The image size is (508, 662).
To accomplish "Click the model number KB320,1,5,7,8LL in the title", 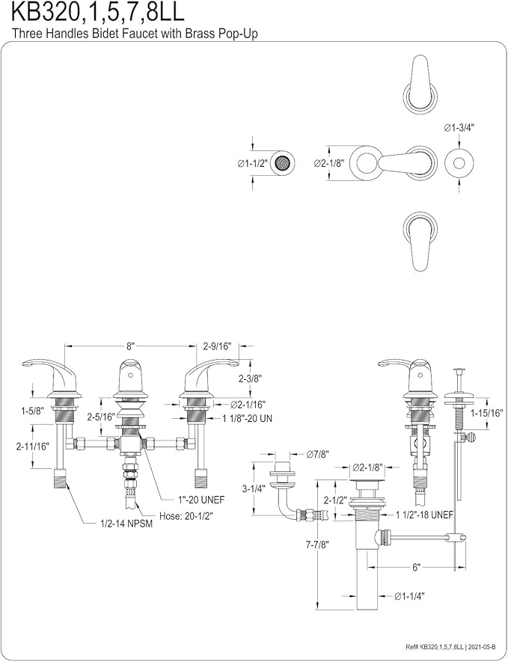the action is click(x=97, y=12).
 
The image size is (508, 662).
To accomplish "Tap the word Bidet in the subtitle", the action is click(x=100, y=34).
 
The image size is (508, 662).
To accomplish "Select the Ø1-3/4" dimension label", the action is click(x=459, y=129).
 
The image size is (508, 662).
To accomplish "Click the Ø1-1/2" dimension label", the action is click(x=253, y=163).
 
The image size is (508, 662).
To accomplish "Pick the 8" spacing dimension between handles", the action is click(x=130, y=346).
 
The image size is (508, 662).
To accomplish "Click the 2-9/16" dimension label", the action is click(x=218, y=346).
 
